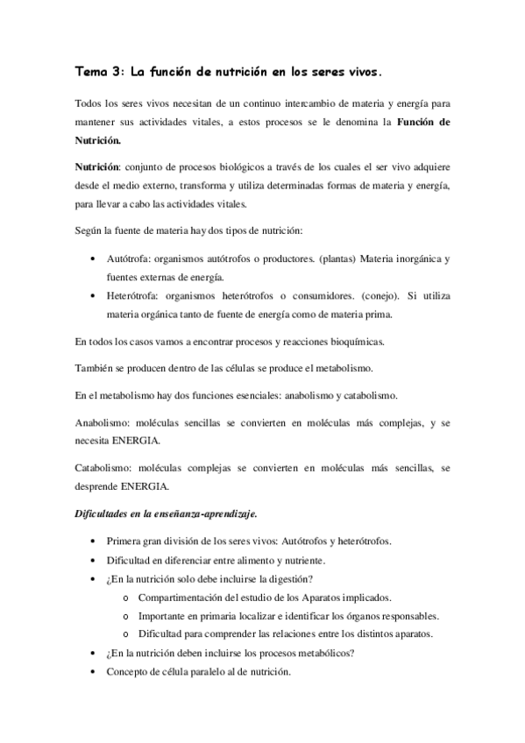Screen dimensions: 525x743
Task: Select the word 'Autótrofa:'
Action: (130, 259)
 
